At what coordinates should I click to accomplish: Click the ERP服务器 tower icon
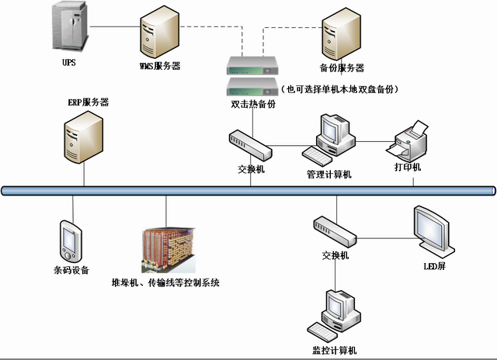pyautogui.click(x=82, y=136)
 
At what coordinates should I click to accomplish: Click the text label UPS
pyautogui.click(x=69, y=61)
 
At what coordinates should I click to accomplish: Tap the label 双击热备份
pyautogui.click(x=253, y=104)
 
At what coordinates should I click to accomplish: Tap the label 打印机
pyautogui.click(x=408, y=168)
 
